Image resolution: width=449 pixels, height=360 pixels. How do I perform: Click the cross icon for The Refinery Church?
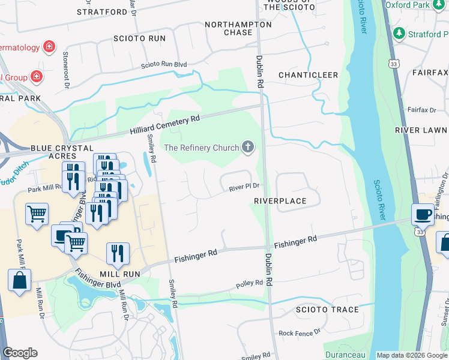247,147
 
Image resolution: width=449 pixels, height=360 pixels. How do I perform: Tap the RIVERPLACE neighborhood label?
280,201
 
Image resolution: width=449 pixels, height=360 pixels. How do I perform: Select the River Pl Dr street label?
244,188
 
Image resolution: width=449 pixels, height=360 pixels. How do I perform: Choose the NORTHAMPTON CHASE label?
238,28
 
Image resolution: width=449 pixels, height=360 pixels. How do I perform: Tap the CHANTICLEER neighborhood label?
308,75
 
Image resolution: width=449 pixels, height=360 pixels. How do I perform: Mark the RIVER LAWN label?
421,130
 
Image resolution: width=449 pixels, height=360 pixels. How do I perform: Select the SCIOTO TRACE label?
327,310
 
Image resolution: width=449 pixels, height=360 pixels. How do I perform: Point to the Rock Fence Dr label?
300,332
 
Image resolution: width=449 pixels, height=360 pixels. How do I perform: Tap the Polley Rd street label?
250,283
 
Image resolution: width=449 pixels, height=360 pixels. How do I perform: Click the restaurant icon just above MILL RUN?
118,253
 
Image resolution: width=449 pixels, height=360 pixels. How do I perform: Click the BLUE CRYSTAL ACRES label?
62,152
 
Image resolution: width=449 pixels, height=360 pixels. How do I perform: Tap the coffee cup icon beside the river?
423,214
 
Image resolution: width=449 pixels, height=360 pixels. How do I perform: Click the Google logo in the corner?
20,353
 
